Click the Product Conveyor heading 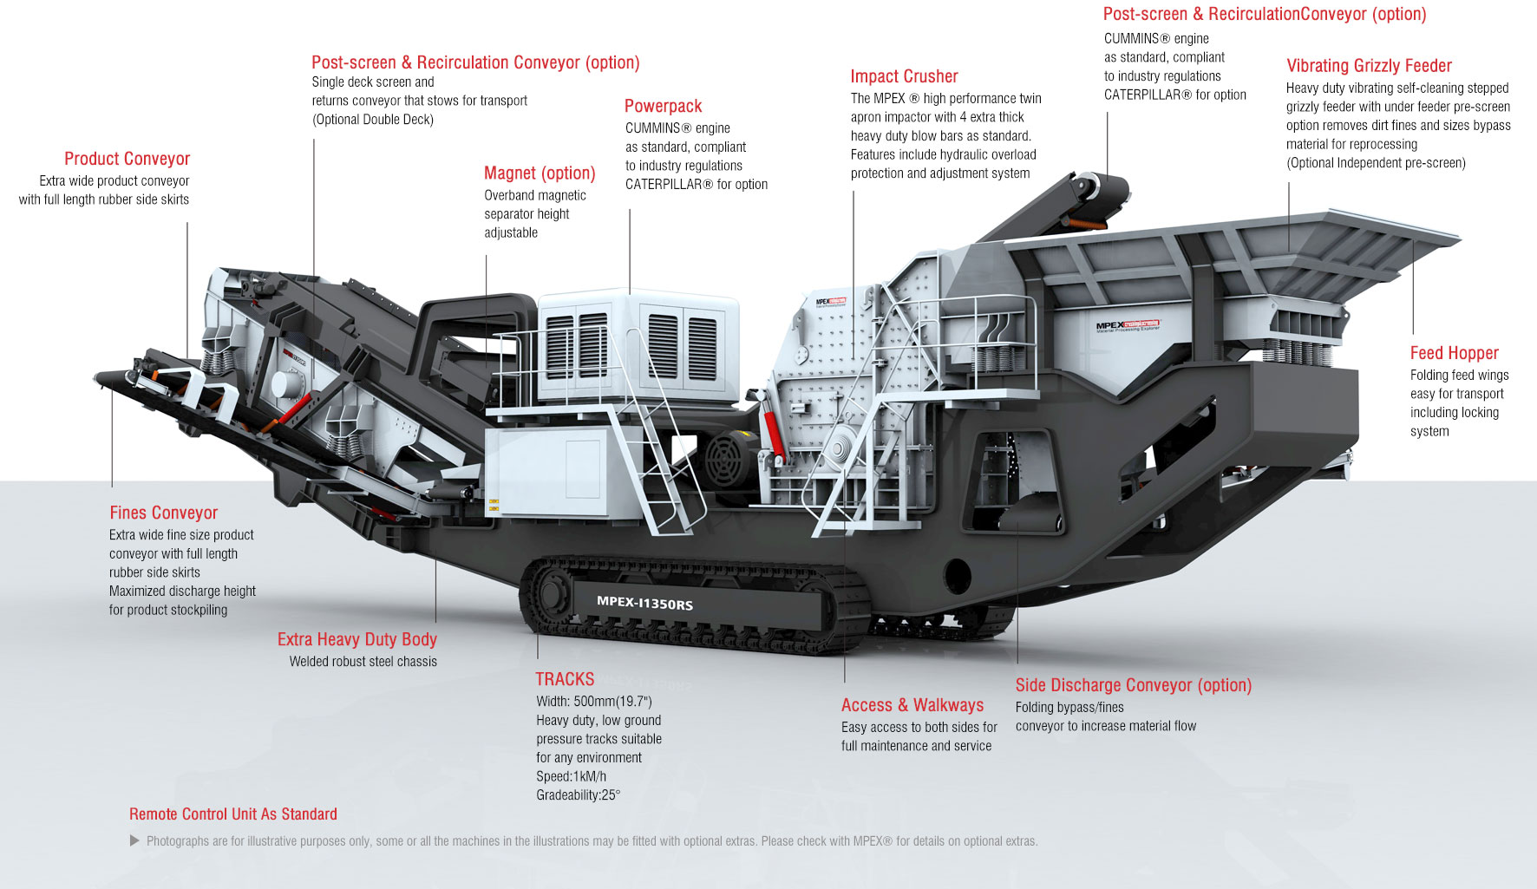coord(127,159)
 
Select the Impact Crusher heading coord(904,76)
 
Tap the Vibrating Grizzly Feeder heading coord(1369,66)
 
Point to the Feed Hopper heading coord(1454,353)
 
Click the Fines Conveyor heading coord(163,513)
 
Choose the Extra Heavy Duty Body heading coord(356,639)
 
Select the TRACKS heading coord(565,679)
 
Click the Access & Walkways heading coord(912,705)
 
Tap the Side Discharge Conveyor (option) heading coord(1133,685)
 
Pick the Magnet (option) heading coord(540,173)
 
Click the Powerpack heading coord(663,106)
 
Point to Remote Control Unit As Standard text coord(232,814)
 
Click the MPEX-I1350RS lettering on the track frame coord(644,603)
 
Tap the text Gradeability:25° coord(578,795)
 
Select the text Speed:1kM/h coord(571,776)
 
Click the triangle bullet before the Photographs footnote coord(134,840)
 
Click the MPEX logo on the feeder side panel coord(1128,326)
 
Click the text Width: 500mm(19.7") coord(593,702)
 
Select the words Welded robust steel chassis coord(363,662)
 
